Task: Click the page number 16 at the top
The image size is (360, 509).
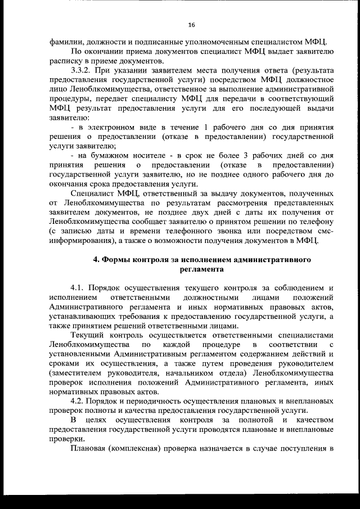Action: (x=191, y=25)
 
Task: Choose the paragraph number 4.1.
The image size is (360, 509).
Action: (x=79, y=288)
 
